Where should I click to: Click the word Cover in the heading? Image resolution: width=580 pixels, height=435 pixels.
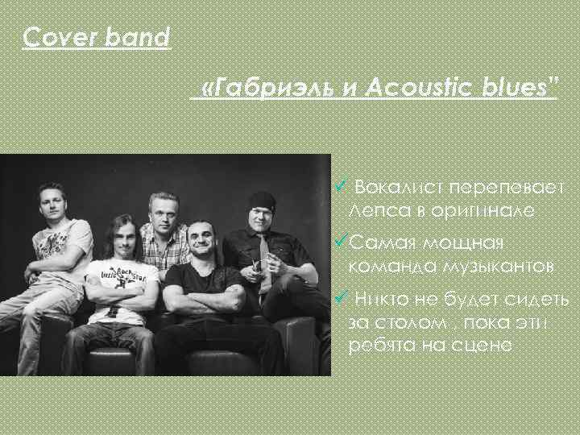(x=52, y=37)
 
